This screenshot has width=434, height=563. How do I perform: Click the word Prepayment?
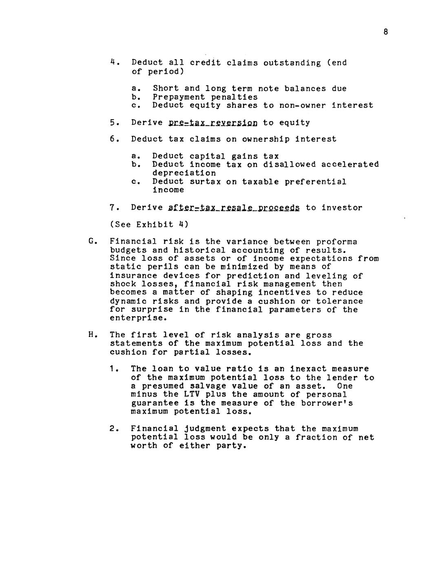tap(179, 97)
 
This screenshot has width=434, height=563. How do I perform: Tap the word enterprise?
tap(131, 318)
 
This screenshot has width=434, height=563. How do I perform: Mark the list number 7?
tap(113, 208)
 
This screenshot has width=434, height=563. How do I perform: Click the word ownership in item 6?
tap(266, 139)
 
